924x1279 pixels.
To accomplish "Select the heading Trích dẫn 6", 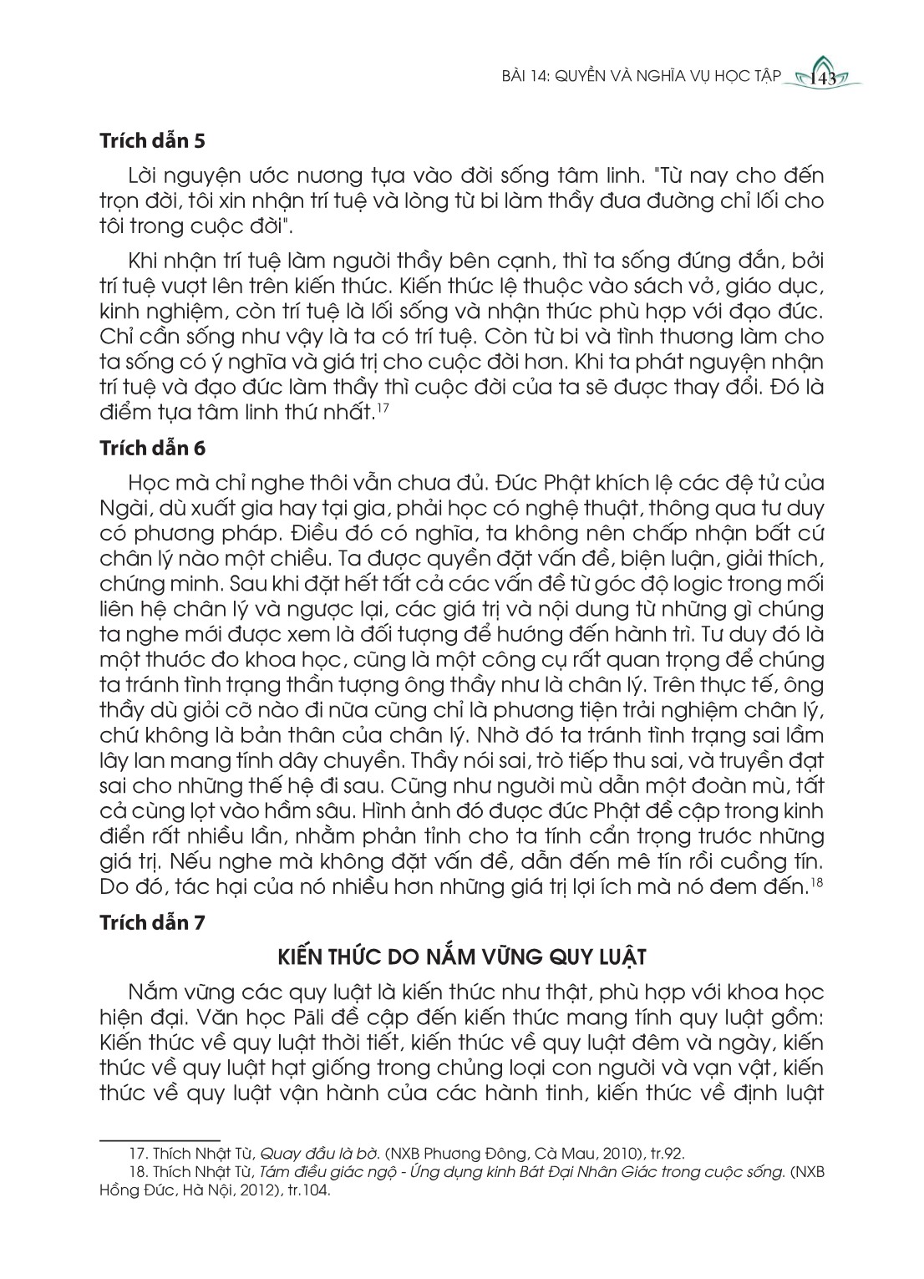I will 152,448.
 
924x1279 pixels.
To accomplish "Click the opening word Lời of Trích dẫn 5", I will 145,176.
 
